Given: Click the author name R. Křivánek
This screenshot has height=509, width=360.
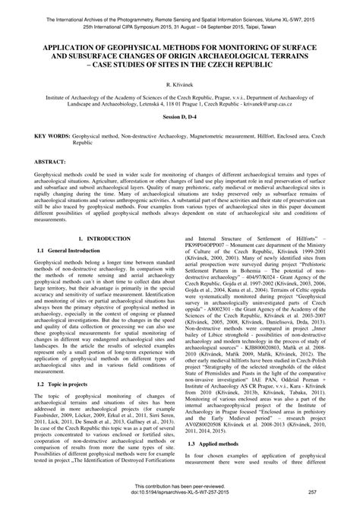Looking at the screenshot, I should tap(179, 88).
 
